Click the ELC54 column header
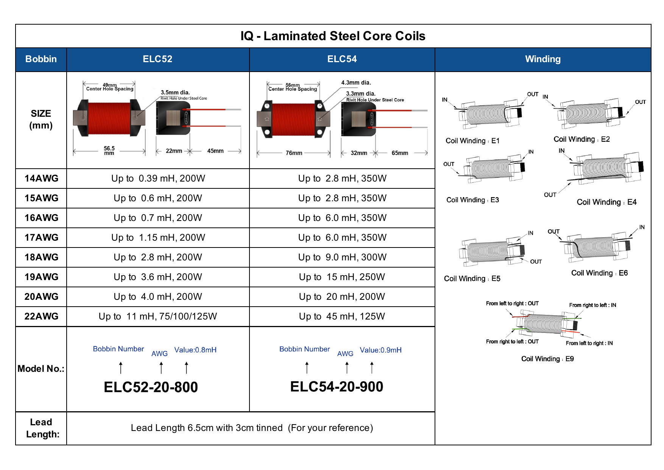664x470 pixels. [x=342, y=59]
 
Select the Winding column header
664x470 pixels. [x=542, y=59]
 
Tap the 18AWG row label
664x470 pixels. [x=41, y=257]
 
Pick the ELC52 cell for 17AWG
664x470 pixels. [x=158, y=238]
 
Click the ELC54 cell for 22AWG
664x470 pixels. [x=342, y=316]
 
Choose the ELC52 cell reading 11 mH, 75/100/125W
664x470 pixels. [x=158, y=316]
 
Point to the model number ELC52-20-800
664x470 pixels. [x=151, y=387]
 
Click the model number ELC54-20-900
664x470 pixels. [x=337, y=387]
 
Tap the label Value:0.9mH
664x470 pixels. [x=380, y=350]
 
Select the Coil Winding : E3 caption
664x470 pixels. [x=472, y=200]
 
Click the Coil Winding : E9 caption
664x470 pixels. [x=547, y=359]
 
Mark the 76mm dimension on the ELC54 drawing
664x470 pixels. [x=294, y=153]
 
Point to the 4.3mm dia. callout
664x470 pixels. [x=356, y=83]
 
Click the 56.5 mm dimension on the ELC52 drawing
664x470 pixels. [x=109, y=150]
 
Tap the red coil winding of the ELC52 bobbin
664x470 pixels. [x=109, y=118]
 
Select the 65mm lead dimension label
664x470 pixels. [x=400, y=153]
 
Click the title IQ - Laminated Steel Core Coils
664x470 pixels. [x=333, y=36]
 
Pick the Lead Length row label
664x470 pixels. [x=42, y=428]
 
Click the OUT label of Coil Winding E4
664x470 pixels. [x=550, y=195]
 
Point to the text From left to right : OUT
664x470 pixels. [x=512, y=303]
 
